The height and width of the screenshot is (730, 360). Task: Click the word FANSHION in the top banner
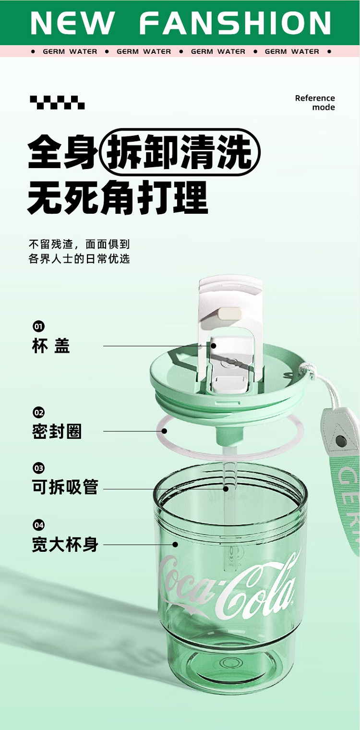[235, 23]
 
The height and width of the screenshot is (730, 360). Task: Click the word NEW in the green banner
[72, 23]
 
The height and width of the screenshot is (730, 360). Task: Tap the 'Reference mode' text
[315, 103]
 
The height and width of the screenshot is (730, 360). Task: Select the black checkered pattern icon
[57, 102]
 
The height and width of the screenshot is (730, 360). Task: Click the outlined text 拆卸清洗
[180, 152]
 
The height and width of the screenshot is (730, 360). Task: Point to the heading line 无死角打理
[118, 198]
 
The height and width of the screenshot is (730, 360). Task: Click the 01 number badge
[38, 326]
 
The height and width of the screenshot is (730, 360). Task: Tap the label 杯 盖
[51, 346]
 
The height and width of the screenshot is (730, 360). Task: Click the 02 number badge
[38, 413]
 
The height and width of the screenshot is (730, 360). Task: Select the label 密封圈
[57, 431]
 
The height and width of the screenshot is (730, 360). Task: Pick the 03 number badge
[38, 468]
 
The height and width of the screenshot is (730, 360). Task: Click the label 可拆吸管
[65, 487]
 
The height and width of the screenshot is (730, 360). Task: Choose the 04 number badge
[38, 525]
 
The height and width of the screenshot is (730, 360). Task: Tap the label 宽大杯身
[65, 544]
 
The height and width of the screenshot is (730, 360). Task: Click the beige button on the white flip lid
[230, 314]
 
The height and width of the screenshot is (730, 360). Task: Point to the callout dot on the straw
[226, 488]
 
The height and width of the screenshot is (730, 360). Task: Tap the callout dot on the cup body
[175, 544]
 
